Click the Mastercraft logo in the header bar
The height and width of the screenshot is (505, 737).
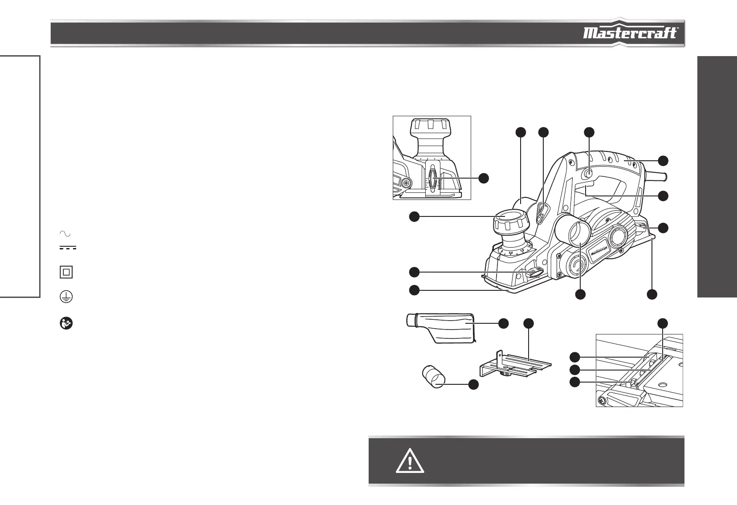(x=630, y=33)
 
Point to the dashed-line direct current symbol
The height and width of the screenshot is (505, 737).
(x=67, y=248)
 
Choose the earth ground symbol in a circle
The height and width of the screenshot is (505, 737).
(x=66, y=297)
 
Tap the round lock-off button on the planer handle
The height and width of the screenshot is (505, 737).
(x=589, y=175)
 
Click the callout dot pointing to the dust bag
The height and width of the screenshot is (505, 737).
(x=503, y=324)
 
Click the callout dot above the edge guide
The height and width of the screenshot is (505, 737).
(x=528, y=324)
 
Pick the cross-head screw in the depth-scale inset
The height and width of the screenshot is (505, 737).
(x=405, y=183)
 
